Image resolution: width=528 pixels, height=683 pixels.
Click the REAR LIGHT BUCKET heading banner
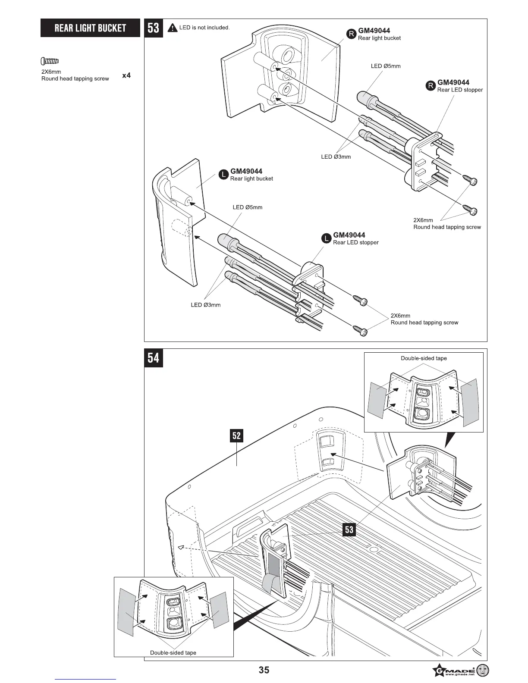(90, 28)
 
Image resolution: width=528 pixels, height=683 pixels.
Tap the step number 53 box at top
(154, 28)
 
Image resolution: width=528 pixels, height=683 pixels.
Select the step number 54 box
(154, 358)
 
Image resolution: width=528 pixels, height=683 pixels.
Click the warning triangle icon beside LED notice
(173, 28)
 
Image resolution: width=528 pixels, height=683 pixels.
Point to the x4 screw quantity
(126, 75)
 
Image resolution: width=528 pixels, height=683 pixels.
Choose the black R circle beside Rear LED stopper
(431, 86)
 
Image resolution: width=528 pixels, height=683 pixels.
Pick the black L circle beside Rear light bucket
(223, 175)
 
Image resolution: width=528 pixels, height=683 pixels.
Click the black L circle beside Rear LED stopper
(327, 238)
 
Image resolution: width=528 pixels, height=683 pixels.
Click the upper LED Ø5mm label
(386, 66)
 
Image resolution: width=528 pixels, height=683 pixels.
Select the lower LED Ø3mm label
(206, 305)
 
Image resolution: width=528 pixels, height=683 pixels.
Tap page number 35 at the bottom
(264, 670)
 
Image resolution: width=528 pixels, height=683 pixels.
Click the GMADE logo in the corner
(460, 671)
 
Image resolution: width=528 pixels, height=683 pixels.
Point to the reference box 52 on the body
(236, 435)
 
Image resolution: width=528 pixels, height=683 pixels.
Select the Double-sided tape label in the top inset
(424, 358)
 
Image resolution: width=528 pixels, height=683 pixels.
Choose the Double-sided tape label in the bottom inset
(173, 653)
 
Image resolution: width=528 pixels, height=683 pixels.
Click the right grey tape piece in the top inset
(469, 401)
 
